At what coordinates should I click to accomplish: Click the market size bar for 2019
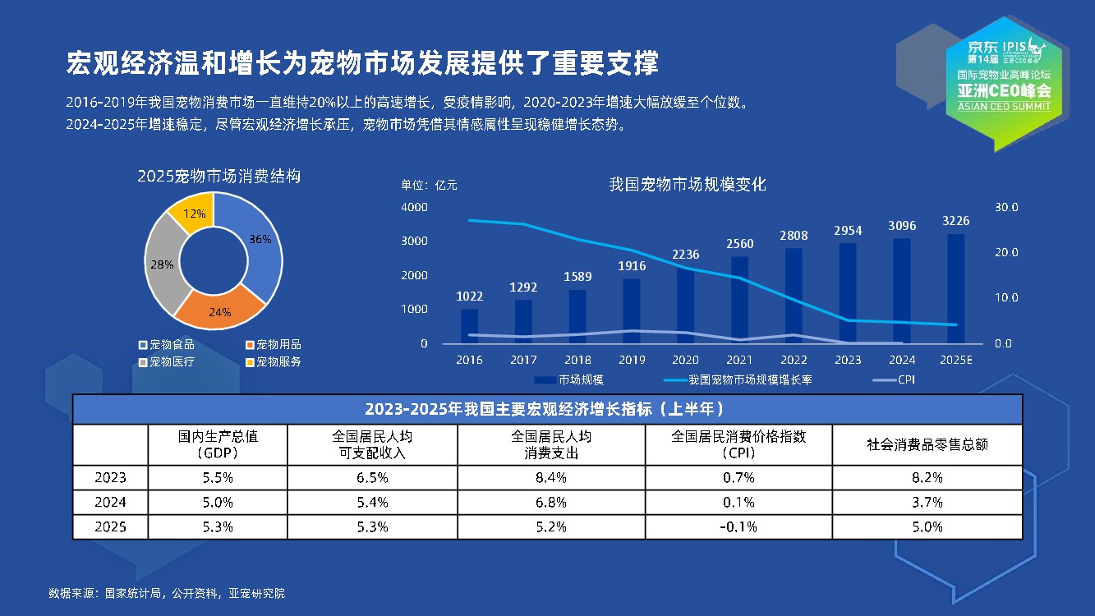click(x=631, y=310)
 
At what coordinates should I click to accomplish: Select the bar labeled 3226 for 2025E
click(x=955, y=288)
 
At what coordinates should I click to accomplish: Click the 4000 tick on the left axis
click(x=414, y=207)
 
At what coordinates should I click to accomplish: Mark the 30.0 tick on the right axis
click(x=1006, y=207)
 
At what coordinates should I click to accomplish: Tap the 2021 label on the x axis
click(x=740, y=360)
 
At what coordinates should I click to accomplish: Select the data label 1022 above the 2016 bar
click(x=469, y=296)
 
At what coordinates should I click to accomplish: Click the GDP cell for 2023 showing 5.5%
click(x=219, y=477)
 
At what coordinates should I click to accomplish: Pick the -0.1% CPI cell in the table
click(x=738, y=526)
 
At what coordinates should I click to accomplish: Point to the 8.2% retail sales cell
click(x=927, y=477)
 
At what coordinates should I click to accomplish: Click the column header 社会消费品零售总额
click(x=927, y=444)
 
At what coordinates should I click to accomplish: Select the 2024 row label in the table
click(x=110, y=502)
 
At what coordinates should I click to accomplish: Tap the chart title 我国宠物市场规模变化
click(x=688, y=184)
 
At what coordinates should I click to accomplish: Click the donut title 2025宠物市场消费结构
click(x=219, y=176)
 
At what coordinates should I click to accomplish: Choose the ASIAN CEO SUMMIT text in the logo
click(x=1003, y=107)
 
